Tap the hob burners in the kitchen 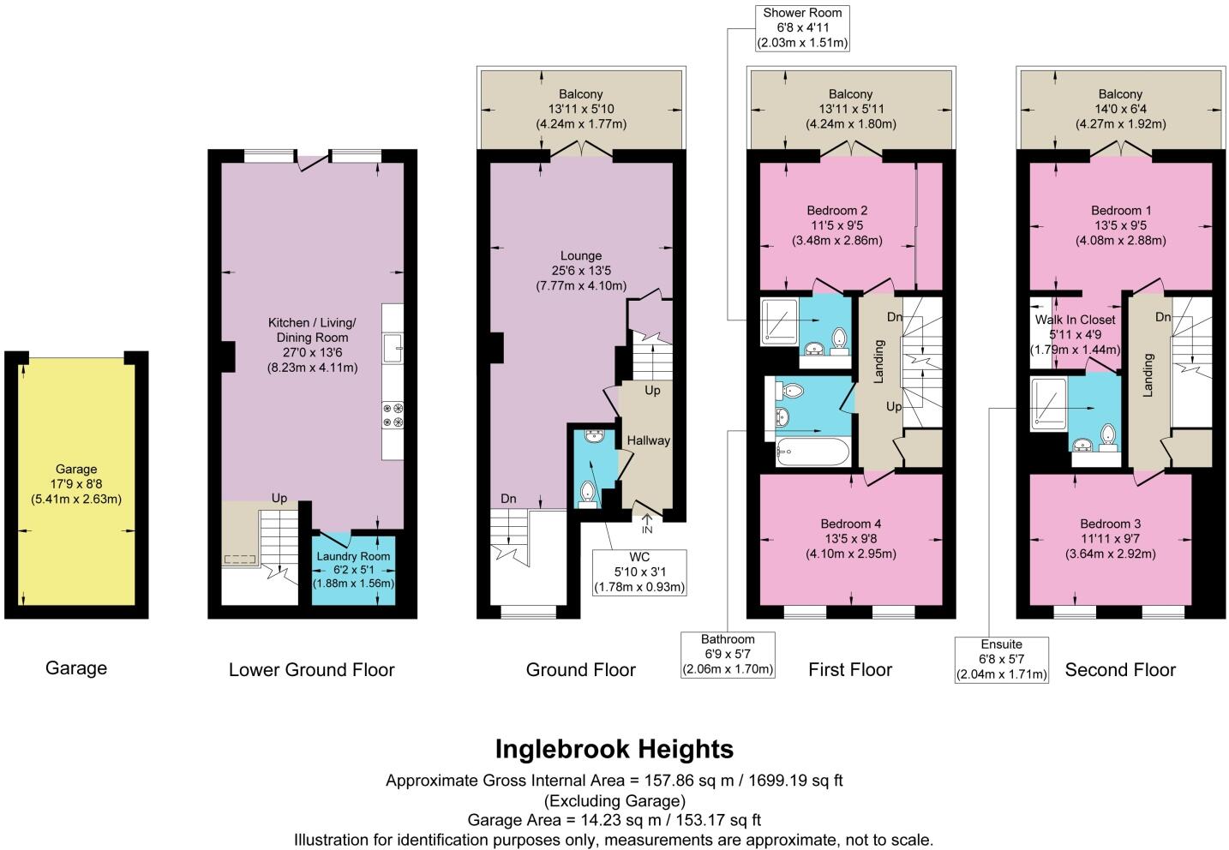392,415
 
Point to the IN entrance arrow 647,523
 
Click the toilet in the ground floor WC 589,494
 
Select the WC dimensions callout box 638,572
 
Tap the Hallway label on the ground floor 648,440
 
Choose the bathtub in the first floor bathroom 812,451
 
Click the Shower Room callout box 802,27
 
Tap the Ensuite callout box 1002,659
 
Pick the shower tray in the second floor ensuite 1048,403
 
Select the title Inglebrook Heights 614,749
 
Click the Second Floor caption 1119,670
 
